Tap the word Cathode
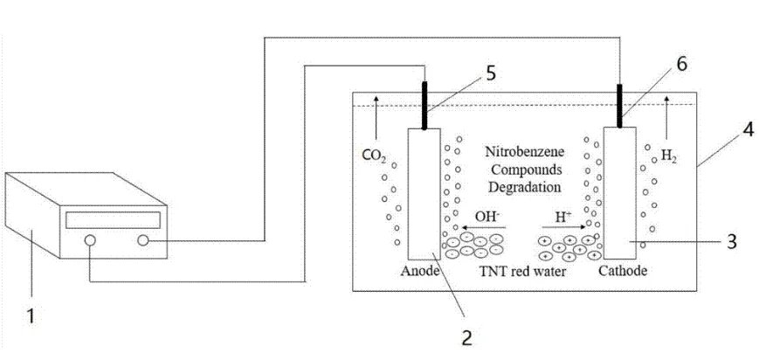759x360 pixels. click(624, 271)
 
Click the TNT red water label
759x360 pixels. click(521, 271)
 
